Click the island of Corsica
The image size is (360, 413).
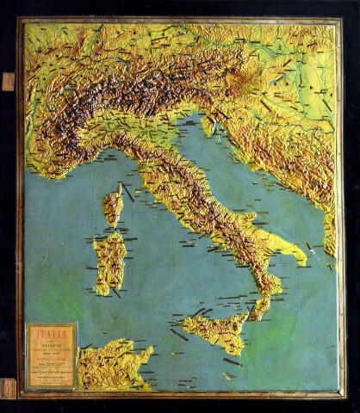click(x=113, y=209)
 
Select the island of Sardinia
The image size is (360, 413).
click(x=109, y=262)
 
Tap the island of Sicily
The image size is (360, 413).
click(x=217, y=331)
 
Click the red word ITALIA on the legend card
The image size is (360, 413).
click(x=51, y=331)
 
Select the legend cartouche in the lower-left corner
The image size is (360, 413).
click(x=52, y=354)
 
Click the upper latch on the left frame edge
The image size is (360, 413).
click(x=9, y=82)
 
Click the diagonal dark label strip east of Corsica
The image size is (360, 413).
click(x=127, y=191)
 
